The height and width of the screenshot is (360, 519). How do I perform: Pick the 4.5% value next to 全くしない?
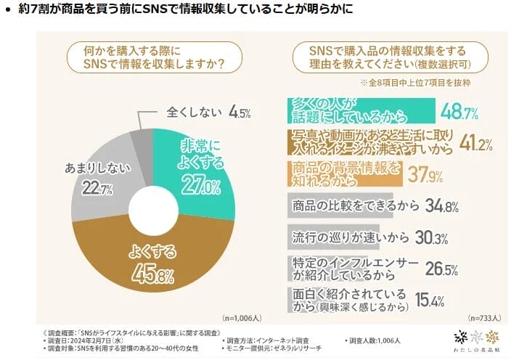(240, 112)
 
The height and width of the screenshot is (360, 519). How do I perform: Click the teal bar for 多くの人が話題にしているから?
(359, 110)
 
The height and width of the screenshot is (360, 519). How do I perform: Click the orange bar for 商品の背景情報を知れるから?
(340, 173)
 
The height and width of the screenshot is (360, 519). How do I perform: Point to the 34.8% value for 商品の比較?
(443, 206)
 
